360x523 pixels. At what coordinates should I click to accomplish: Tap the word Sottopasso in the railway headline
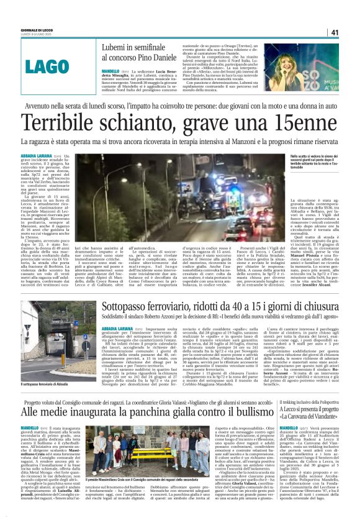124,306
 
